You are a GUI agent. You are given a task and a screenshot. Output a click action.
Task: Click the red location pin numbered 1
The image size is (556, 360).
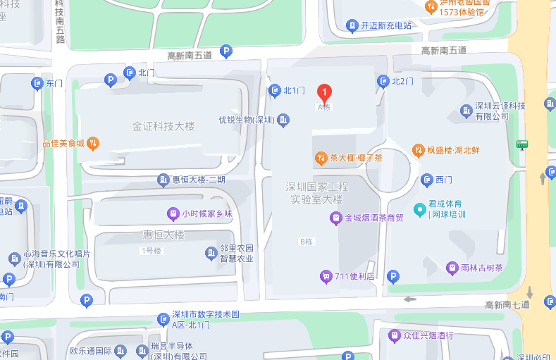(323, 92)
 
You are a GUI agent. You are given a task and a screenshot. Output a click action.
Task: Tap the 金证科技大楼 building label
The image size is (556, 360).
(163, 127)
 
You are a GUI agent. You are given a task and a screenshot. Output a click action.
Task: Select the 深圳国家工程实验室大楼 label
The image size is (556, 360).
(317, 193)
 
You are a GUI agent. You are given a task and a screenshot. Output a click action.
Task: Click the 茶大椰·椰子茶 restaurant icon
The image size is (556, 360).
(321, 158)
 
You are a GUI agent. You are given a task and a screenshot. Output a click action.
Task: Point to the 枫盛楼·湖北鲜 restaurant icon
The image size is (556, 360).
(417, 150)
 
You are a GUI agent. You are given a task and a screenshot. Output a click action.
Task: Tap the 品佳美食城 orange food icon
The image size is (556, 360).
(92, 143)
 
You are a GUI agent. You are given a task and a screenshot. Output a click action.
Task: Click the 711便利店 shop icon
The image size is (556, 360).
(326, 275)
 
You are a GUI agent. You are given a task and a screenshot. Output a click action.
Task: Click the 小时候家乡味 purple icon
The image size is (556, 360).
(172, 213)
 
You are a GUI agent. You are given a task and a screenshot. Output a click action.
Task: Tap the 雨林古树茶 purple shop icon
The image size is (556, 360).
(452, 268)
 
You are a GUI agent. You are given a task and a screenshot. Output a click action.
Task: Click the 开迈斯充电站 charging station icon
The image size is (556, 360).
(352, 26)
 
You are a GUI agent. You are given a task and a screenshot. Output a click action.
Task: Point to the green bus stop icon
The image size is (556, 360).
(522, 144)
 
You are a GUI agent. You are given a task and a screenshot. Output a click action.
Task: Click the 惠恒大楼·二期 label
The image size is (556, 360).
(199, 180)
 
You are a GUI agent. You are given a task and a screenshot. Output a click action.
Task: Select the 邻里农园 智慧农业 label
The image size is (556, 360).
(237, 253)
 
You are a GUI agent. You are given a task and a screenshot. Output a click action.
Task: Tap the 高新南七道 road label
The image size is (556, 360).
(506, 305)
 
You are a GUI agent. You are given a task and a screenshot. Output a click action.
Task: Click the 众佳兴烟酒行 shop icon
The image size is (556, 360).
(395, 335)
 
